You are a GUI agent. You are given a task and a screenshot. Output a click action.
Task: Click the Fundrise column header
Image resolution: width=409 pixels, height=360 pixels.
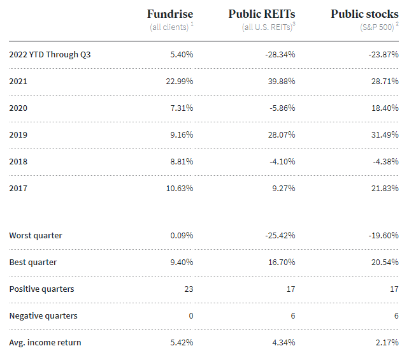pos(169,13)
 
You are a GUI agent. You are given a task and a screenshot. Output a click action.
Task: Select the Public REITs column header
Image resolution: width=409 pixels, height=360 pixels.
pos(261,13)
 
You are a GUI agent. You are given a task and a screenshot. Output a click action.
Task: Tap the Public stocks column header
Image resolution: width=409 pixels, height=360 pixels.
pos(364,13)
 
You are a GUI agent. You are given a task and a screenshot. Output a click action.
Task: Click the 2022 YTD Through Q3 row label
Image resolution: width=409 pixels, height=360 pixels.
pos(50,55)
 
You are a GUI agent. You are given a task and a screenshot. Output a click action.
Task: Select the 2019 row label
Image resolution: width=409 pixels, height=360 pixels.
pos(18,135)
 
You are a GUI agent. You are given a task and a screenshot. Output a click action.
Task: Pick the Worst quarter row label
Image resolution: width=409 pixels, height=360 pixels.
pos(36,236)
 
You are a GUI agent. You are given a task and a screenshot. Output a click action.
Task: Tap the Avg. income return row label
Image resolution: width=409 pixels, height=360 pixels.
pos(45,343)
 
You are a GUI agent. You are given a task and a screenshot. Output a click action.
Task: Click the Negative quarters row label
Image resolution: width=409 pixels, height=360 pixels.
pos(43,316)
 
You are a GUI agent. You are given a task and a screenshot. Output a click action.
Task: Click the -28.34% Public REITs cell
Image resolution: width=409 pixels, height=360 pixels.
pos(280,55)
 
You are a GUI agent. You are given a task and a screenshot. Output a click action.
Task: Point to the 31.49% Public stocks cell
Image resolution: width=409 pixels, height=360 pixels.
pos(384,135)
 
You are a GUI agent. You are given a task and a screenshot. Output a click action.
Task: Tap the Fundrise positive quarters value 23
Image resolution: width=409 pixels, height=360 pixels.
pos(189,289)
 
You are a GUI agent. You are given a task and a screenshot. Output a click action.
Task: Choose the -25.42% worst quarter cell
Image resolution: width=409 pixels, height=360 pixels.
pos(280,236)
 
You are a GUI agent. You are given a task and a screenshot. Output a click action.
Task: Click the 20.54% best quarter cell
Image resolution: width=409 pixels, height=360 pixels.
pos(384,263)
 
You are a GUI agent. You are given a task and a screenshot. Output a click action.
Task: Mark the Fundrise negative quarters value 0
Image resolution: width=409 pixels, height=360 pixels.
pos(190,316)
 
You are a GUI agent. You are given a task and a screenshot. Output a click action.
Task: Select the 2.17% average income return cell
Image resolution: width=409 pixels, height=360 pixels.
pos(386,343)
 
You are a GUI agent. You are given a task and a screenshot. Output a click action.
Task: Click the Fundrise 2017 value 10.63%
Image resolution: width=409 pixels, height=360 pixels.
pos(179,189)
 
